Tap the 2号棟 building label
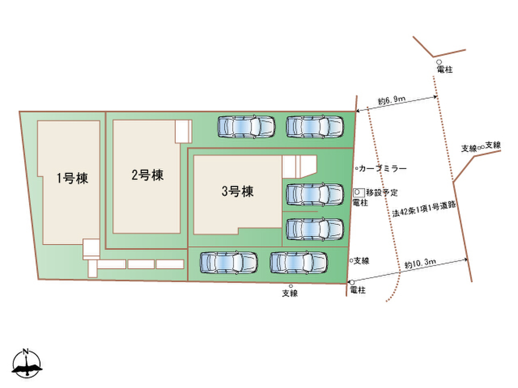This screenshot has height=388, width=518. [147, 175]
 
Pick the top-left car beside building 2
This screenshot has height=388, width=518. [246, 126]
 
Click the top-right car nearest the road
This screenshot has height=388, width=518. [315, 126]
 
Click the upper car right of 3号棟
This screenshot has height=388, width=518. [315, 194]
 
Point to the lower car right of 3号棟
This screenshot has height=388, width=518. [315, 229]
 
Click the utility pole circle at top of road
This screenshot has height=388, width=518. [439, 62]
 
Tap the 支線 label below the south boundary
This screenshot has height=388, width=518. [290, 293]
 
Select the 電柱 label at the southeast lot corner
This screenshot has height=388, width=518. [358, 290]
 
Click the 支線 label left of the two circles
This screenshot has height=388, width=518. [468, 148]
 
